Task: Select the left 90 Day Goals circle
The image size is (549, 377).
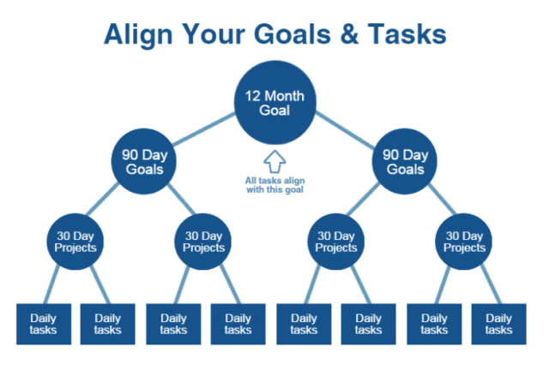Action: click(142, 162)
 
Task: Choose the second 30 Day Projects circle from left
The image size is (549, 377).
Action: click(204, 241)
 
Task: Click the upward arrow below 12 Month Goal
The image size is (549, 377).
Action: click(274, 160)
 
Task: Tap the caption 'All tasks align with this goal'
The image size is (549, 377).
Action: click(274, 186)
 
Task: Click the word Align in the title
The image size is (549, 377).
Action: click(141, 34)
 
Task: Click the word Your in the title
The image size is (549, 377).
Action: click(214, 34)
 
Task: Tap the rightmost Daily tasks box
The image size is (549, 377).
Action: click(499, 323)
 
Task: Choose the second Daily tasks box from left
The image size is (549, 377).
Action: click(108, 323)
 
